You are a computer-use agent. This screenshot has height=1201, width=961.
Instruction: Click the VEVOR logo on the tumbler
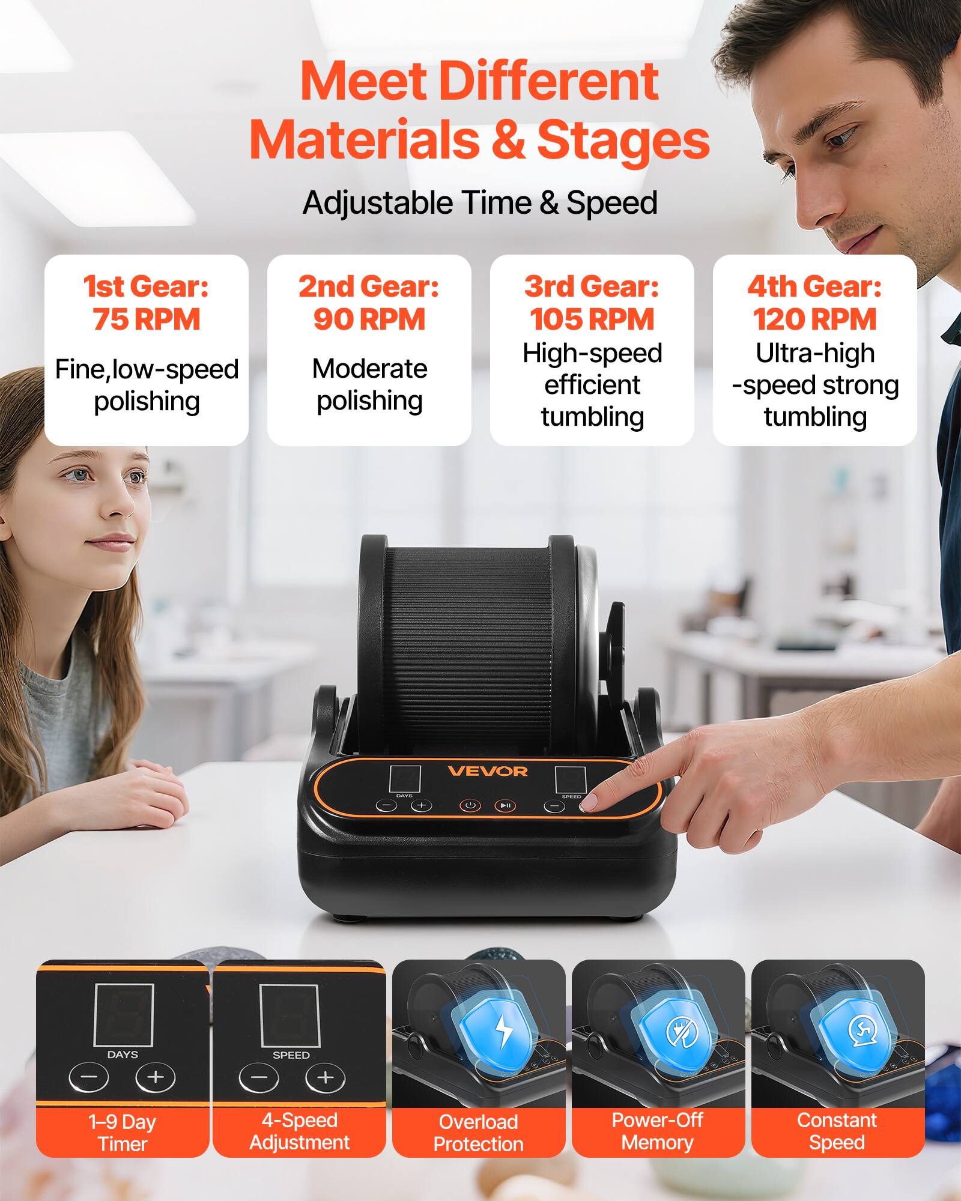(x=487, y=771)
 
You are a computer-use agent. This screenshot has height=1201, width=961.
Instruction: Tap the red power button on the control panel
(x=470, y=805)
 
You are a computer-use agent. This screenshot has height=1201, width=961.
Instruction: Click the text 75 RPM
(x=146, y=319)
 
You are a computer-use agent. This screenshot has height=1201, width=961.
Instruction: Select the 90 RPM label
(x=369, y=319)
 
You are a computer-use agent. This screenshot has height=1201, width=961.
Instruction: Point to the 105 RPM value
(x=592, y=319)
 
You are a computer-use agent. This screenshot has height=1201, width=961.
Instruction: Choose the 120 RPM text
(x=814, y=319)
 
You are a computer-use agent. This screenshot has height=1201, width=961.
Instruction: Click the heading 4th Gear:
(x=814, y=286)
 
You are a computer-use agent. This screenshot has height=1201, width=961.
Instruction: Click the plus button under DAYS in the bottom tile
(x=155, y=1077)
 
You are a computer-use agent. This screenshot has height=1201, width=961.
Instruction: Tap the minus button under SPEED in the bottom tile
(x=259, y=1078)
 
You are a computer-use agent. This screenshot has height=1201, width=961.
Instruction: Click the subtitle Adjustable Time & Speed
(x=480, y=202)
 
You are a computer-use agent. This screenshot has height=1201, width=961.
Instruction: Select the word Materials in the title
(x=364, y=140)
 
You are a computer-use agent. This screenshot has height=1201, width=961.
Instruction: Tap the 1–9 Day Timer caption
(x=123, y=1133)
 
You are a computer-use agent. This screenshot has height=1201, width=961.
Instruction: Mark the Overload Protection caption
(x=479, y=1133)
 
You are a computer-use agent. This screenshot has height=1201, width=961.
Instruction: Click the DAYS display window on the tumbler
(x=405, y=779)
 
